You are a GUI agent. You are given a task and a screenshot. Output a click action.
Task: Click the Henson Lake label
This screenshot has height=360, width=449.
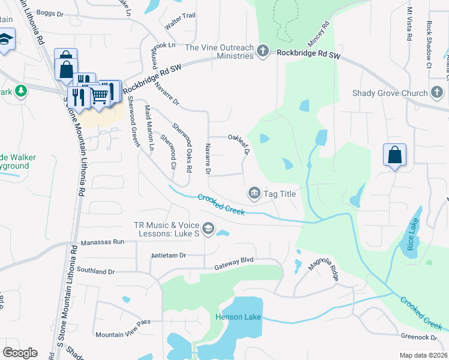[x=238, y=316]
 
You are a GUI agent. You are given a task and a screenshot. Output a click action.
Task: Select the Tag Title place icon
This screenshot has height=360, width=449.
[x=254, y=193]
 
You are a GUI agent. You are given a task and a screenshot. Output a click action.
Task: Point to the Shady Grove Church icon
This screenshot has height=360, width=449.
[x=437, y=93]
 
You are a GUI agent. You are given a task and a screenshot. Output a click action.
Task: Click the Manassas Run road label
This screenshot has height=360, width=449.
[x=102, y=242]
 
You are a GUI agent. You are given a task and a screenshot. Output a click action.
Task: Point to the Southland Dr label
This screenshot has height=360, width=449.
[x=95, y=271]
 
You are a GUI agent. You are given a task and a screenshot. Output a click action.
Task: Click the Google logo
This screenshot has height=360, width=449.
[x=20, y=353]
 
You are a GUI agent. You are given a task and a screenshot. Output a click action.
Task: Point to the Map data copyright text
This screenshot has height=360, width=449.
[x=423, y=355]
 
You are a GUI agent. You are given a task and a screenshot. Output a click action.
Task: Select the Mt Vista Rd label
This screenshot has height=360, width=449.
[x=409, y=24]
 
